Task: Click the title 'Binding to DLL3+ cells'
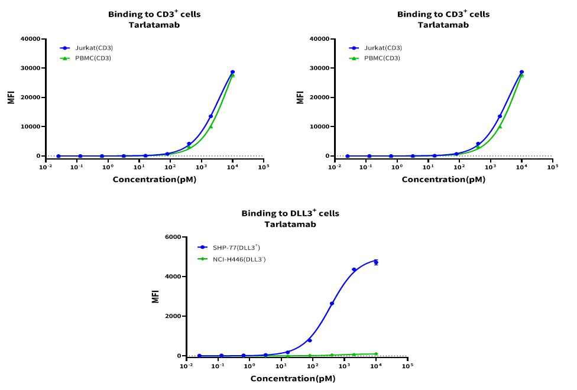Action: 290,213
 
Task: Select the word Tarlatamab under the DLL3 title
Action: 290,225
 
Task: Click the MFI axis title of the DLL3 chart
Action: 155,296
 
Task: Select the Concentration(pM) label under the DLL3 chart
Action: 293,378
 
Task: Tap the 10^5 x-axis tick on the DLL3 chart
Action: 407,366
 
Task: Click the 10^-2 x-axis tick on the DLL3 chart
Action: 187,366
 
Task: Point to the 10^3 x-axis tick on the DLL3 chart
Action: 344,366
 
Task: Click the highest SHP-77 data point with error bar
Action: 375,262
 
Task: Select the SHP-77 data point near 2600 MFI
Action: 332,304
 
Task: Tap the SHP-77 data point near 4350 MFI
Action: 354,269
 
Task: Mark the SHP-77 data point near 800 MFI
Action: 309,340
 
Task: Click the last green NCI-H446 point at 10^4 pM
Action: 375,354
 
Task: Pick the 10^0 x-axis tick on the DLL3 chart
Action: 250,366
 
